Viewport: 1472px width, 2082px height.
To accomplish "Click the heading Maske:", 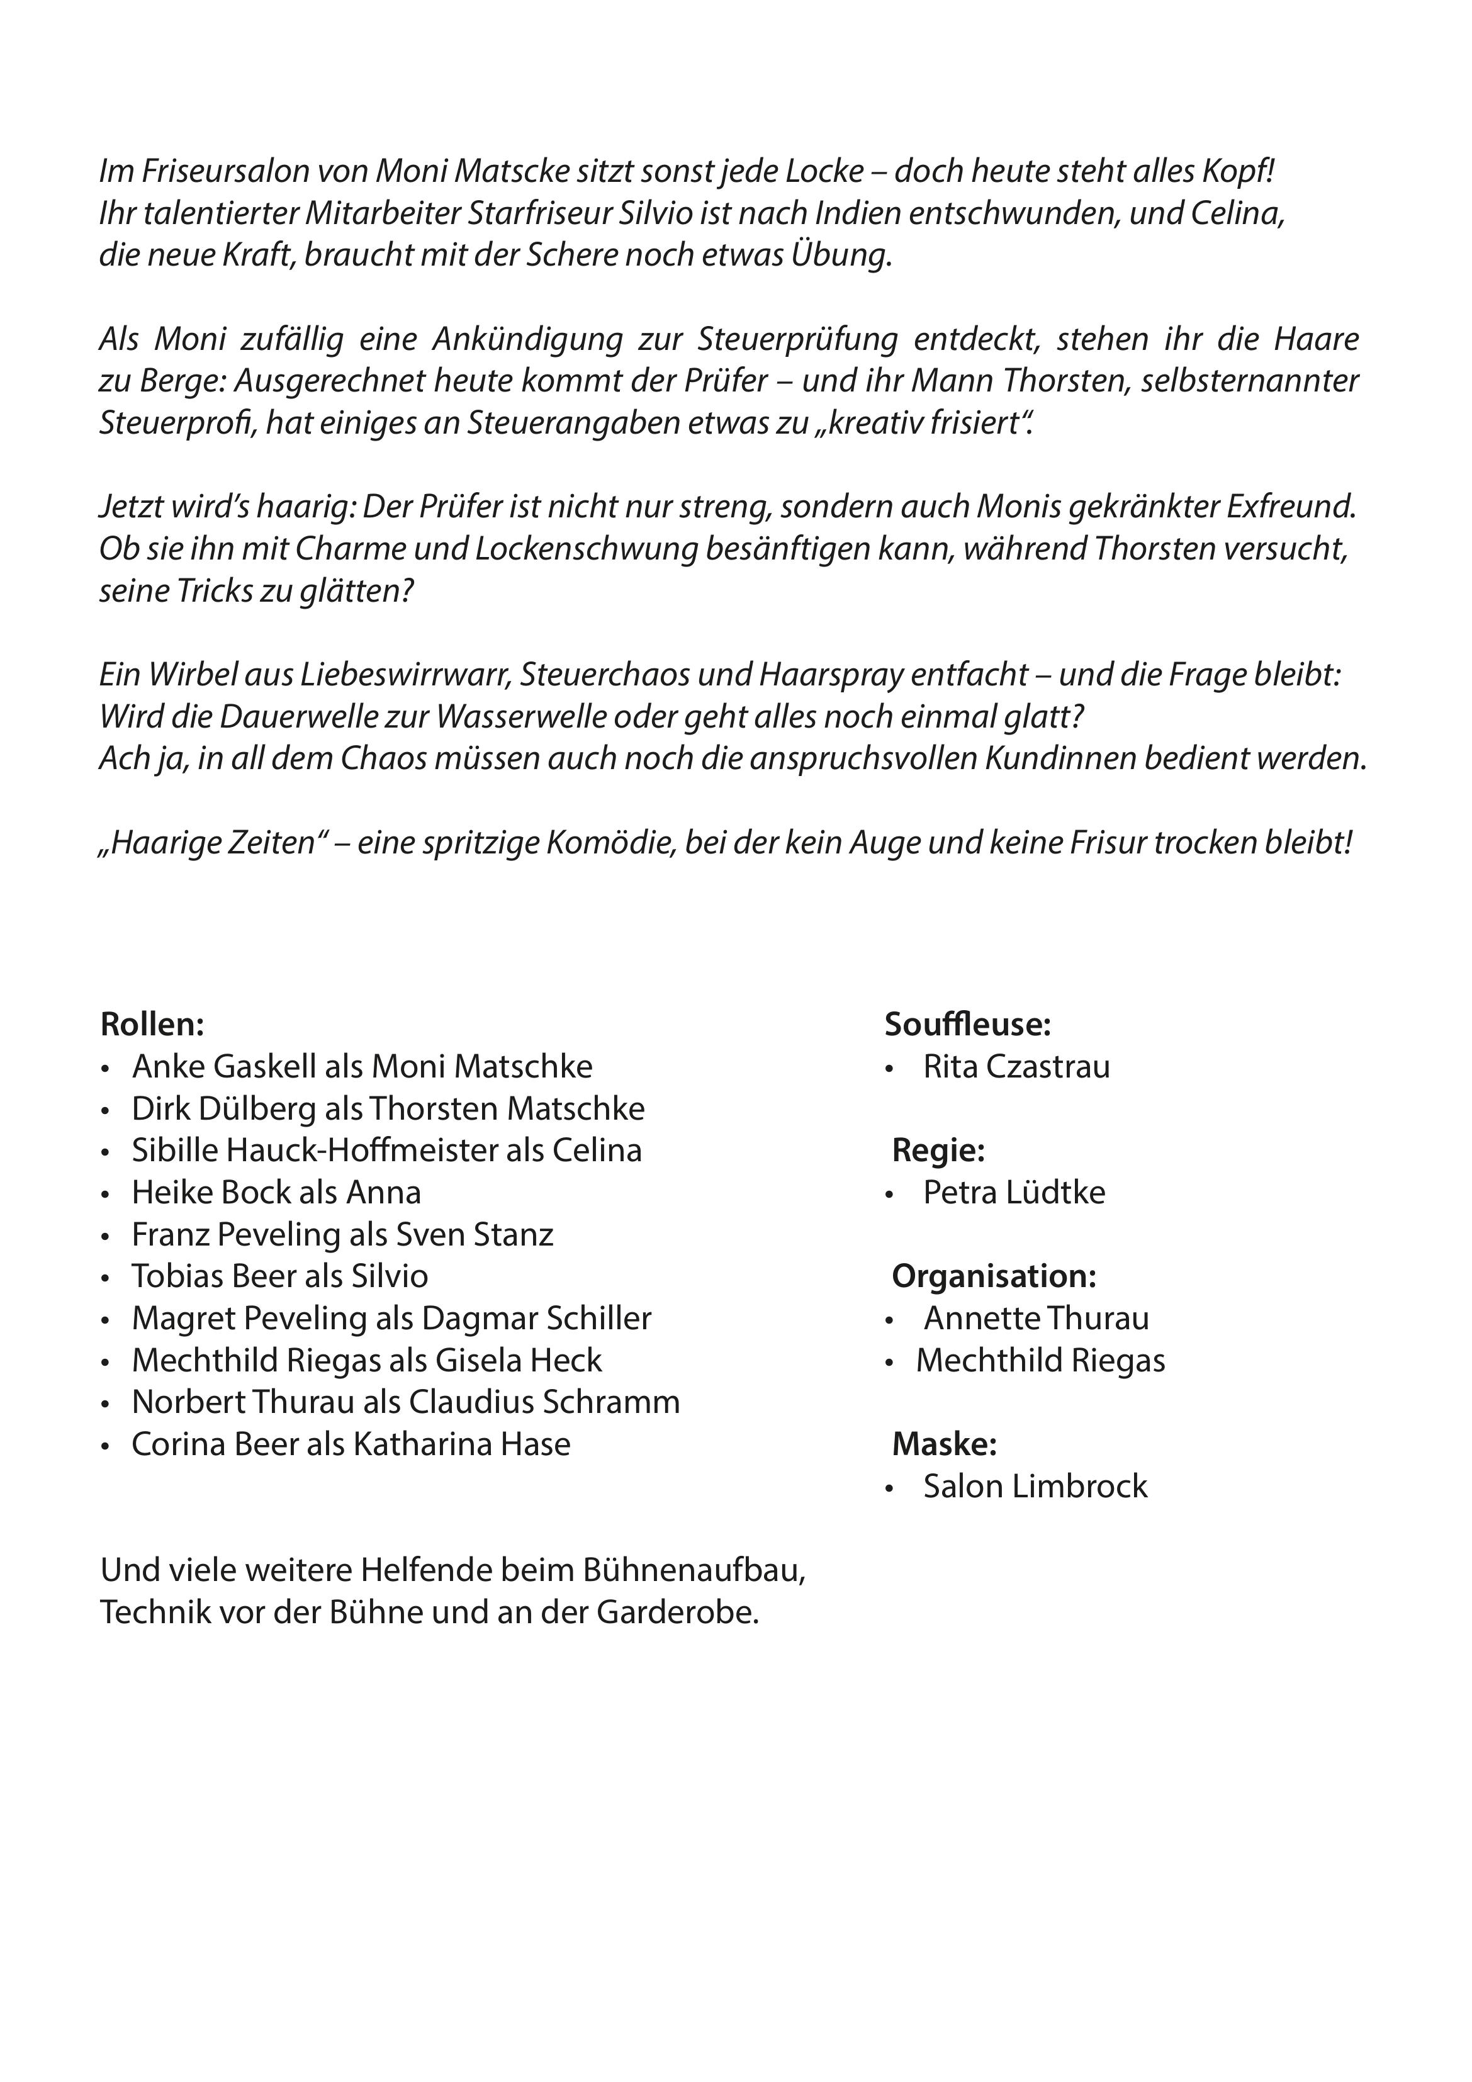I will coord(944,1444).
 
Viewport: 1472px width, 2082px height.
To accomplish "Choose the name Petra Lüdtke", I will coord(1014,1193).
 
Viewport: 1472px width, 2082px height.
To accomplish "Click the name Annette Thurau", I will coord(1036,1319).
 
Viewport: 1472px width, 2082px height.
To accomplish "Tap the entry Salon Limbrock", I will coord(1035,1486).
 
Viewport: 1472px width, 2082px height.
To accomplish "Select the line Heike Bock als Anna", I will coord(277,1193).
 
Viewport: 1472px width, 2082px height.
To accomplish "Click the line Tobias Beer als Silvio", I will coord(279,1277).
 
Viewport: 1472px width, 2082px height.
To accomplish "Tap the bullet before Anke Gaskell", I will coord(106,1068).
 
